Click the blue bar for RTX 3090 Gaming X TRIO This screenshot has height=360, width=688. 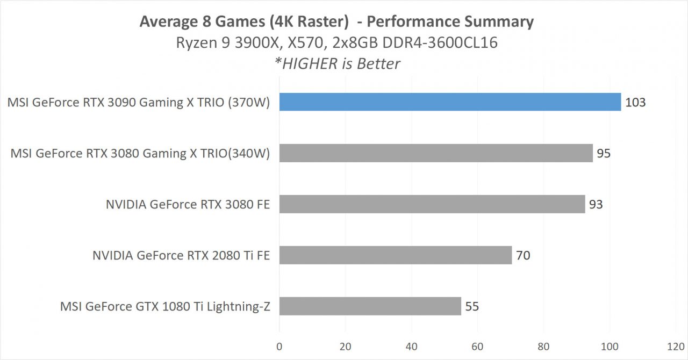[450, 102]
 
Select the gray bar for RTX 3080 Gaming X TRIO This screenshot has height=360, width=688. [436, 153]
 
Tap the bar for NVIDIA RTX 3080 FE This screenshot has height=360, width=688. [432, 204]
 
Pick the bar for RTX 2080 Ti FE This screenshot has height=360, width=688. [396, 255]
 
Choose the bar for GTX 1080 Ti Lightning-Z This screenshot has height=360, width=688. [370, 306]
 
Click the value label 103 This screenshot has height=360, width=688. [635, 102]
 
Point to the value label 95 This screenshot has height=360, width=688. [604, 153]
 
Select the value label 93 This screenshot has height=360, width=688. [596, 204]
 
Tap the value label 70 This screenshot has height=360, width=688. [523, 255]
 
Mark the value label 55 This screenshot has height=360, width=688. [472, 306]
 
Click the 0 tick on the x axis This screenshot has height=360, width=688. [279, 346]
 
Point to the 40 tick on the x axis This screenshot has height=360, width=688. [412, 346]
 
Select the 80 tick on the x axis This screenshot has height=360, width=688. [543, 346]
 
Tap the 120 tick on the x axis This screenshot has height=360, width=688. [676, 346]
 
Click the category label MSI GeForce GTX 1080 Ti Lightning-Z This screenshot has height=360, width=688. [165, 306]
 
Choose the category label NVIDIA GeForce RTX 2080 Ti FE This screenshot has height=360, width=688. [181, 255]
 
